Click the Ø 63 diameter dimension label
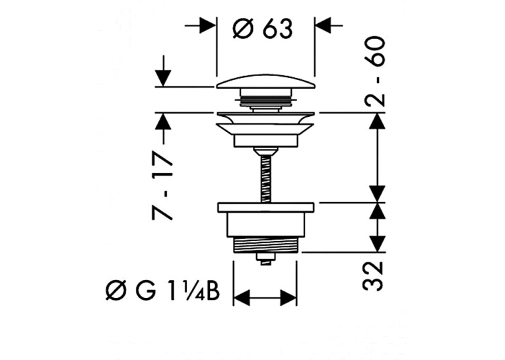(263, 29)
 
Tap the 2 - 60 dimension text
(375, 71)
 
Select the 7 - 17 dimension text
(162, 185)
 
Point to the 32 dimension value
(373, 276)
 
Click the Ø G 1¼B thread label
(162, 291)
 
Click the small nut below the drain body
(266, 258)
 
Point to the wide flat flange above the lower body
(266, 207)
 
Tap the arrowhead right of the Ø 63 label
(323, 25)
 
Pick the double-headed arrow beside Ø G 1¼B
(265, 297)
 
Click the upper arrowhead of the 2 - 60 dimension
(377, 121)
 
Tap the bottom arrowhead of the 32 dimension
(377, 244)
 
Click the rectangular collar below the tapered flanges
(266, 141)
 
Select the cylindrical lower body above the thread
(266, 225)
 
